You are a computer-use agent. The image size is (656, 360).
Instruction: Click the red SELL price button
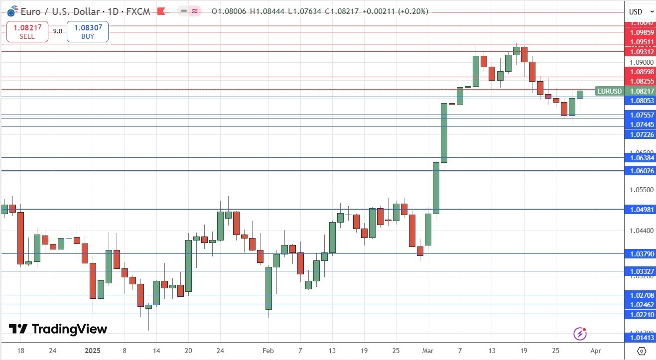27,32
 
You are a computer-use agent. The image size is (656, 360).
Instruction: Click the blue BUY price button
88,32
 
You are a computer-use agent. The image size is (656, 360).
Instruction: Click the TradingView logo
58,329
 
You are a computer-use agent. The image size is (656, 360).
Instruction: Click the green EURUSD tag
609,91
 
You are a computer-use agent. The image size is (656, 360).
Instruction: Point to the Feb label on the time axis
268,351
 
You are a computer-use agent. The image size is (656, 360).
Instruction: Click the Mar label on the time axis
428,351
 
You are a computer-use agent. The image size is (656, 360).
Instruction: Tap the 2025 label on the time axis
93,351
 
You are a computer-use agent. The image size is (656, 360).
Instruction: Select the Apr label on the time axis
596,351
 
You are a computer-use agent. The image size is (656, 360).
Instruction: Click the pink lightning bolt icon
579,334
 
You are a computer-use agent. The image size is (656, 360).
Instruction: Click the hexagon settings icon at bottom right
642,351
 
